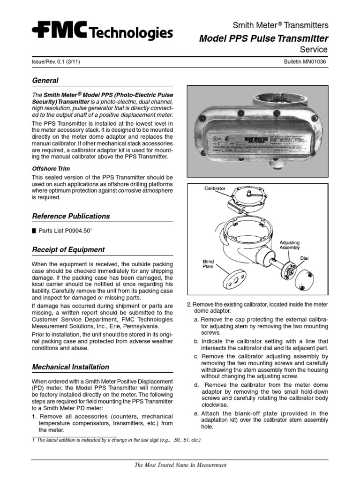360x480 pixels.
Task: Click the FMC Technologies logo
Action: click(102, 32)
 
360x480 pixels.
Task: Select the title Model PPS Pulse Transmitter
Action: click(263, 38)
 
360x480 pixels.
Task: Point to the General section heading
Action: click(45, 81)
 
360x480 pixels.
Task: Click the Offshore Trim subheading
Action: click(51, 168)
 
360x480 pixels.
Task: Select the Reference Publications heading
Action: click(71, 216)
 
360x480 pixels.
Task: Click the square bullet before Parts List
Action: click(34, 231)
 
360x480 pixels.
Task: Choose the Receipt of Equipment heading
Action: click(68, 250)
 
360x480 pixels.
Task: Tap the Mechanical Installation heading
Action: click(70, 367)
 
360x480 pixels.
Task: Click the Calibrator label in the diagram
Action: click(215, 188)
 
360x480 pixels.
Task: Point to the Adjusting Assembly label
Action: click(290, 245)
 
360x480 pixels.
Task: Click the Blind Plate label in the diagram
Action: click(208, 263)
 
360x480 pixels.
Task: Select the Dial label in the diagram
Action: click(305, 258)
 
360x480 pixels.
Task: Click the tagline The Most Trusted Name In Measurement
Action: click(180, 465)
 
